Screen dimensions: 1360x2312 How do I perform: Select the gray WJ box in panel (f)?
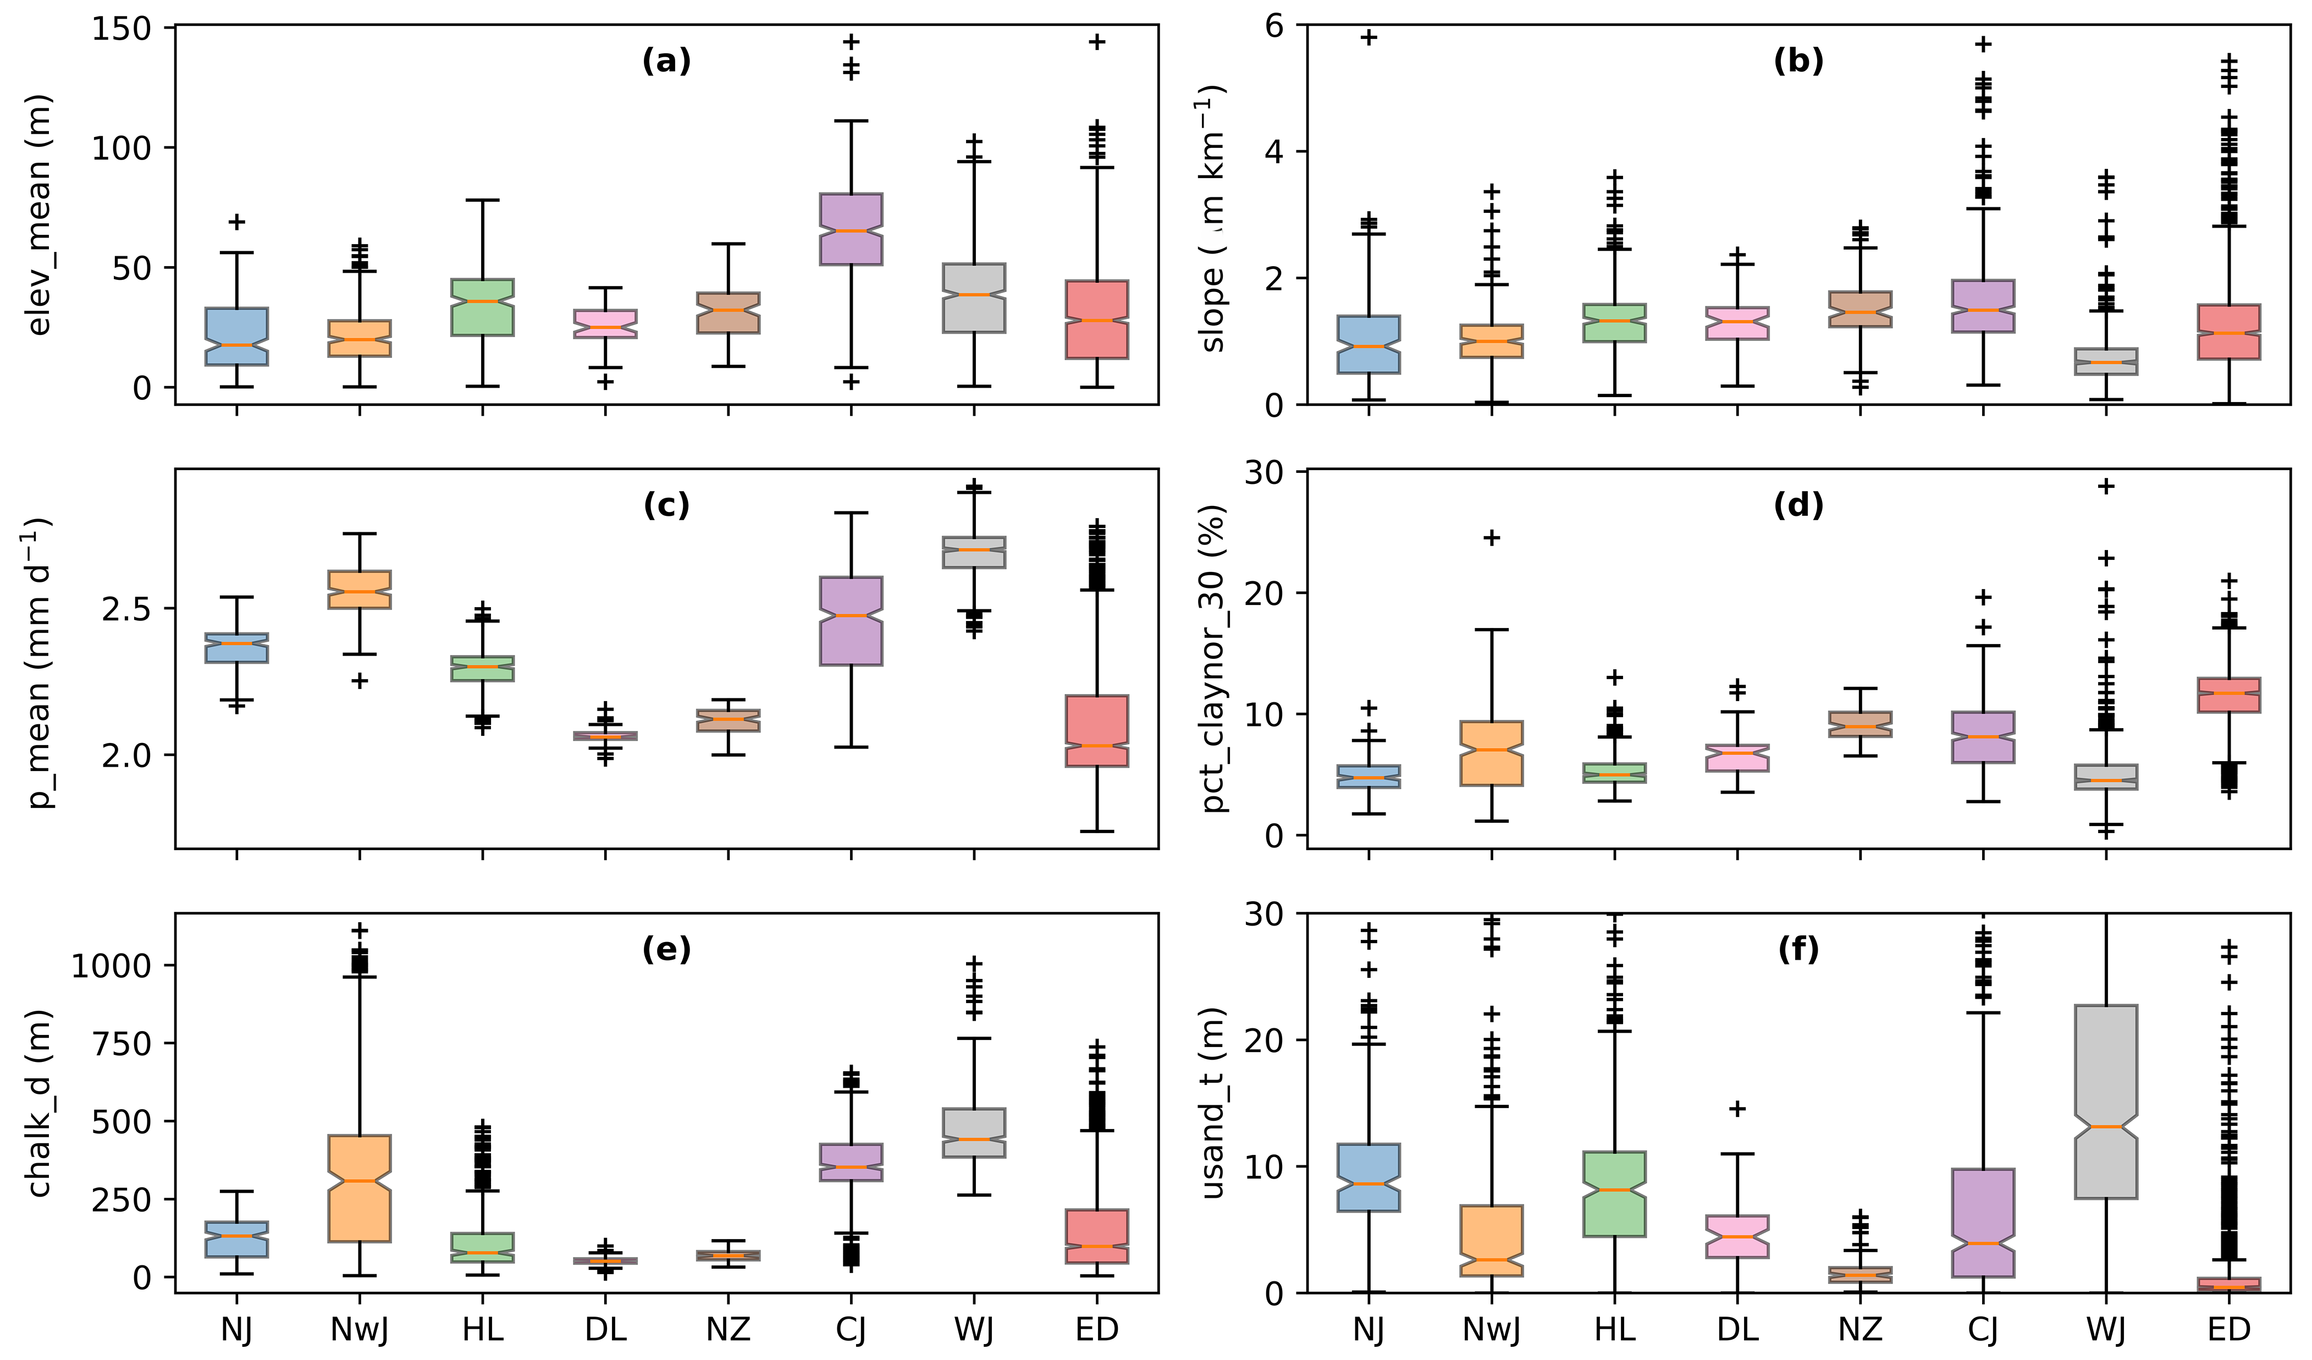point(2106,1101)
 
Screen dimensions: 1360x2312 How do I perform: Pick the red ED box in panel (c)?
point(1096,730)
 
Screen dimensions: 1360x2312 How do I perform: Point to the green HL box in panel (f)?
point(1615,1193)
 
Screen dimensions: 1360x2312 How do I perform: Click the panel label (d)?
point(1798,505)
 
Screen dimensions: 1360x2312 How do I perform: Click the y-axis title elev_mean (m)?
point(38,216)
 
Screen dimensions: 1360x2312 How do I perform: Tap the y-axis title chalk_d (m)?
point(38,1103)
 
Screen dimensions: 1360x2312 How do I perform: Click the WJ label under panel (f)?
point(2106,1329)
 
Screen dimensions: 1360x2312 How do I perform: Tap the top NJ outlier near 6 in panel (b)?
point(1369,37)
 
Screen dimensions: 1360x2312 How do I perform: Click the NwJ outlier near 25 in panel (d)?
point(1492,538)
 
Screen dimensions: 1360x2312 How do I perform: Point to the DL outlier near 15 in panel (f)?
point(1737,1109)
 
